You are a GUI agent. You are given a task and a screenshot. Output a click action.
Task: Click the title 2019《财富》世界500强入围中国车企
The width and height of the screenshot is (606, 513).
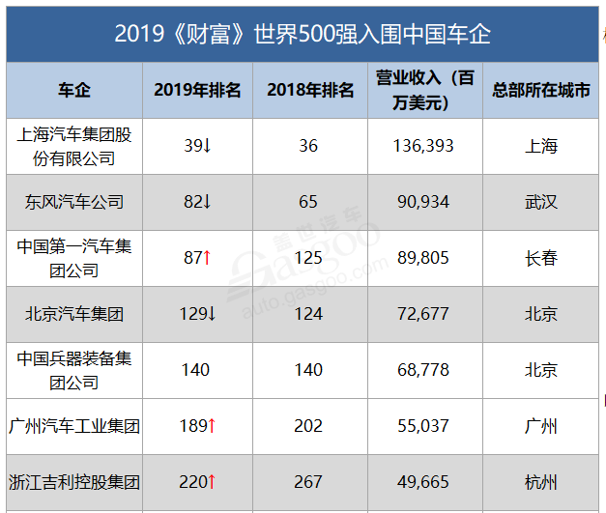tap(302, 34)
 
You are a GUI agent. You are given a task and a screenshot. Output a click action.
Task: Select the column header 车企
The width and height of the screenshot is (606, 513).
tap(74, 91)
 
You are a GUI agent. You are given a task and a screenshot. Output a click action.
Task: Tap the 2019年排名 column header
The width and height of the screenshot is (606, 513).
tap(197, 91)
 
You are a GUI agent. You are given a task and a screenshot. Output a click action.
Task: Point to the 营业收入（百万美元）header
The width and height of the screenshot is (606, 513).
tap(424, 90)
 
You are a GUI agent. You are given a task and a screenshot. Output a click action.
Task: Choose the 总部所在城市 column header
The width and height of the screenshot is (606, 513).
tap(540, 91)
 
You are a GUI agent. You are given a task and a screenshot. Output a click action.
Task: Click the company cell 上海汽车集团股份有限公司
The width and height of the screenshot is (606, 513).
tap(74, 146)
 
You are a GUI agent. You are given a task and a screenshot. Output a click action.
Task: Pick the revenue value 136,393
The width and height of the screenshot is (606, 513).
tap(424, 146)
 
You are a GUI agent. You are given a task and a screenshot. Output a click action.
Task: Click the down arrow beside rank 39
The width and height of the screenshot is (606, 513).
tap(207, 146)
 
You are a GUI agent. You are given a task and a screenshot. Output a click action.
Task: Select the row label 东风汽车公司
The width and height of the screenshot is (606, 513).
tap(74, 202)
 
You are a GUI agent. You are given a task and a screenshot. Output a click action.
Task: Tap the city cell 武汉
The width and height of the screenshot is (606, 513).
tap(540, 202)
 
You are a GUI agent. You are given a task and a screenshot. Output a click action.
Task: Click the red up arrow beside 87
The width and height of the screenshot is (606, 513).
tap(207, 258)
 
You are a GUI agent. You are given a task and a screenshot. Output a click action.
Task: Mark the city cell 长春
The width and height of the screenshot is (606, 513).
tap(540, 258)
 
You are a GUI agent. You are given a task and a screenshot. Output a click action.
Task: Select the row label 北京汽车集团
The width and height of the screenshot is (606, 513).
tap(74, 314)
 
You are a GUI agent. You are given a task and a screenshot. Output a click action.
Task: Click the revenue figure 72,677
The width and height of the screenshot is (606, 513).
tap(424, 314)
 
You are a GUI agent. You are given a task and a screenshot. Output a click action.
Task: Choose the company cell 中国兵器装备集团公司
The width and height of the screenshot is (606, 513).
tap(74, 370)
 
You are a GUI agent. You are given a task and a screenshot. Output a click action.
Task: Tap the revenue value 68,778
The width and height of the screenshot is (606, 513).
tap(424, 370)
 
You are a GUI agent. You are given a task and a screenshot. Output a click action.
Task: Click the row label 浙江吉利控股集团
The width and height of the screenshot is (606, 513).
tap(74, 482)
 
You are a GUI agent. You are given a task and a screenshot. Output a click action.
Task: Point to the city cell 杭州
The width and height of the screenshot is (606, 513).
tap(540, 482)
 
